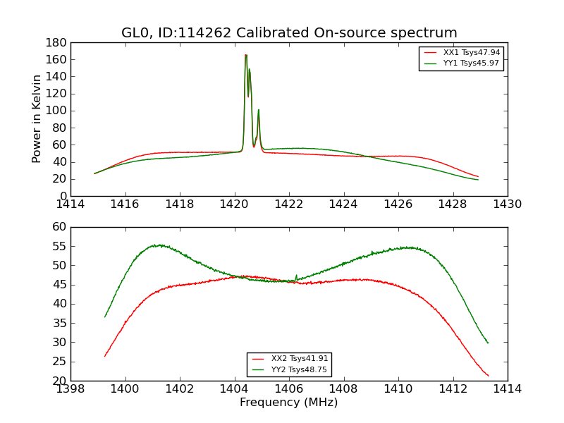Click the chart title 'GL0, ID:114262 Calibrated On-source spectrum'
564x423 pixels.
coord(289,32)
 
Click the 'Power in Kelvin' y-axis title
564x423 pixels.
coord(37,118)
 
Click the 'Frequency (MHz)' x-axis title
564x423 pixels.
coord(288,403)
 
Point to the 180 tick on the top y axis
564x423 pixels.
coord(57,42)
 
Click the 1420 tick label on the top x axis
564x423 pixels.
coord(234,204)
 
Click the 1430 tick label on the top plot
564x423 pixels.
coord(507,204)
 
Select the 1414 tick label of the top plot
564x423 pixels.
coord(71,204)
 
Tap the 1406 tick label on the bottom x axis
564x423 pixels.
coord(288,389)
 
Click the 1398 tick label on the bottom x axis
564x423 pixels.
coord(71,389)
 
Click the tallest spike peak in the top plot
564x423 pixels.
coord(245,55)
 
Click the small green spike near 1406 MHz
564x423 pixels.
coord(296,276)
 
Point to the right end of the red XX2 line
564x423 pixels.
coord(488,375)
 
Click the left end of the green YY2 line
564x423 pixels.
coord(105,317)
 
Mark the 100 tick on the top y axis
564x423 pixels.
coord(57,111)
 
